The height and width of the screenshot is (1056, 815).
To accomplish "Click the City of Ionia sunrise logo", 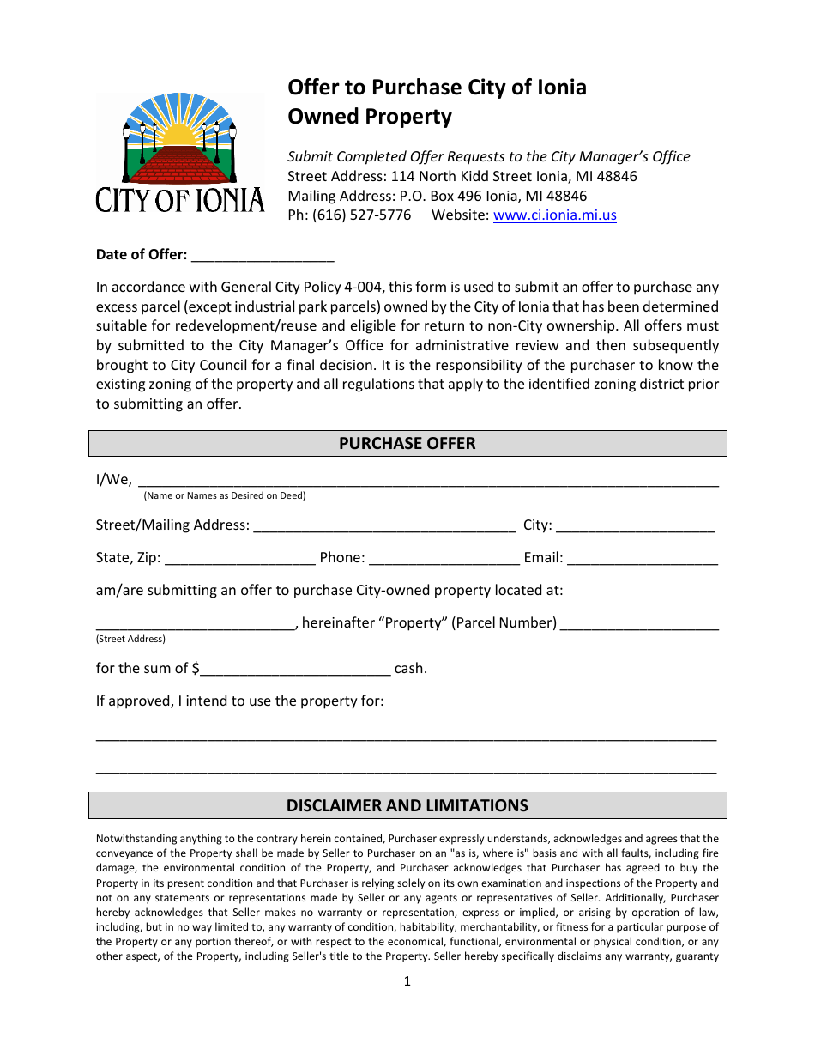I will [179, 153].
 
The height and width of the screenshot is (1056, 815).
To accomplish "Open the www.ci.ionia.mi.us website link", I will [554, 215].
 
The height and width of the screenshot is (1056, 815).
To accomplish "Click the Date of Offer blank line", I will [263, 256].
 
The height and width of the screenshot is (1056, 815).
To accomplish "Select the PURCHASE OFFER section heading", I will [407, 444].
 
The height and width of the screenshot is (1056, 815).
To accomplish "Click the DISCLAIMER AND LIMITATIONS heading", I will [407, 805].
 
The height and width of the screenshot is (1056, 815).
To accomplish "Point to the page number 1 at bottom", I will [407, 981].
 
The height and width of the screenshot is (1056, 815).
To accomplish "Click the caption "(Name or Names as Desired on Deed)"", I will [224, 495].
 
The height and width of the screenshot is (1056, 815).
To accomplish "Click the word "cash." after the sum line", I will [410, 669].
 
